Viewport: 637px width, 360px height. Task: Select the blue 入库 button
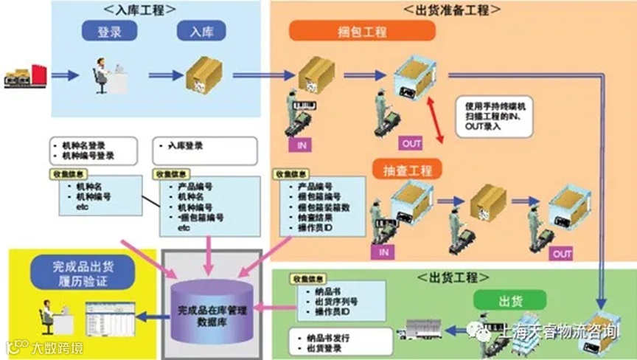tap(202, 32)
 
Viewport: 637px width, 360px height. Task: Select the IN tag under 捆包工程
tap(302, 145)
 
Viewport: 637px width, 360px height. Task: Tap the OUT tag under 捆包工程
tap(410, 143)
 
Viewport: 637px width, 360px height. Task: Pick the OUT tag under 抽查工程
tap(562, 254)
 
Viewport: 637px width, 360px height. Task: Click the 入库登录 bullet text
tap(184, 148)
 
